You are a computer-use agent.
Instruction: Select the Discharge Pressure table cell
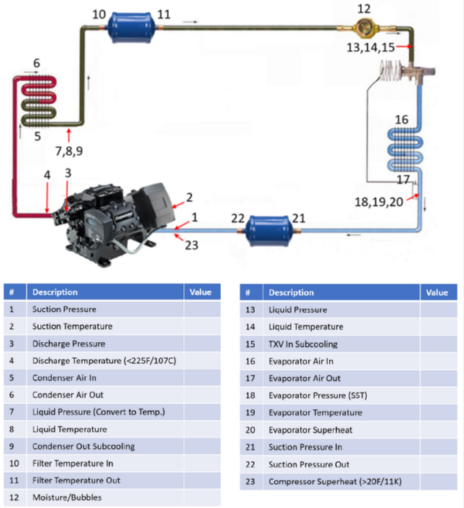[69, 343]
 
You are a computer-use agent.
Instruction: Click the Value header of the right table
[437, 293]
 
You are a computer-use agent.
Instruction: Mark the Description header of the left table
[55, 292]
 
